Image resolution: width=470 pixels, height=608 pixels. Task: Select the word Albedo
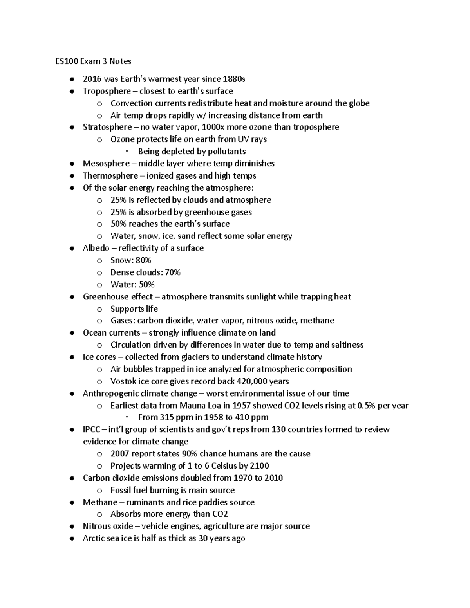96,248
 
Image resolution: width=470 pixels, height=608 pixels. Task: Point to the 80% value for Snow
143,260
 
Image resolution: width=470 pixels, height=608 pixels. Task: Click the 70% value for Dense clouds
173,272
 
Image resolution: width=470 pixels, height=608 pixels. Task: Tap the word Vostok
123,381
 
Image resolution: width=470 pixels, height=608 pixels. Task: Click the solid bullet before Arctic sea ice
72,539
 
